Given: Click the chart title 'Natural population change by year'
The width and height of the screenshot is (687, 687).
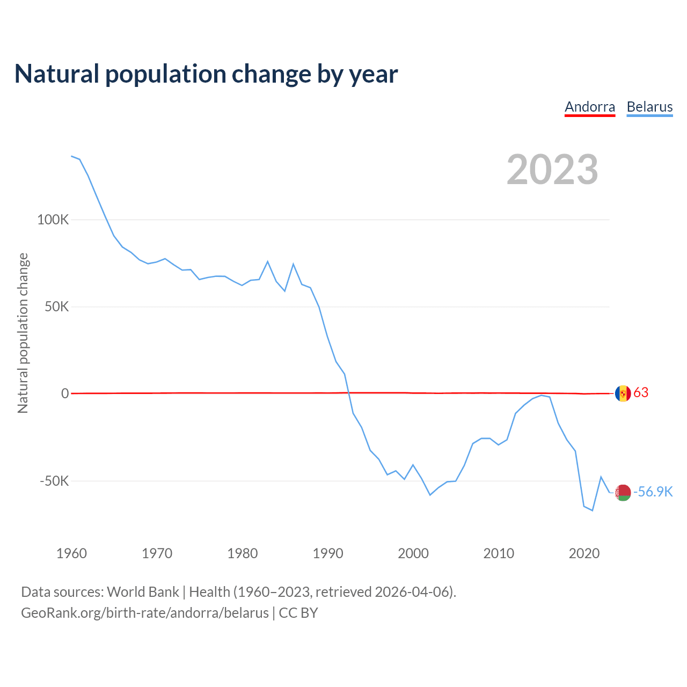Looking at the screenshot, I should coord(206,74).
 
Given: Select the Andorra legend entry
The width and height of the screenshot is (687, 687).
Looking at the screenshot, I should coord(590,107).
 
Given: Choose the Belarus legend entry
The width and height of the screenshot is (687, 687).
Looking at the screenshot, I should coord(649,107).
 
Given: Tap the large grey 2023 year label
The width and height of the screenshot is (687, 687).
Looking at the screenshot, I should coord(552,170).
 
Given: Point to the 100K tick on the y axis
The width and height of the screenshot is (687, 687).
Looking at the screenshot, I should coord(53,220).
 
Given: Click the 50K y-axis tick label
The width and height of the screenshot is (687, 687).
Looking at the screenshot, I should coord(57,307).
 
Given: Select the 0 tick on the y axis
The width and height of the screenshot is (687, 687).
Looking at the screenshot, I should coord(65,393).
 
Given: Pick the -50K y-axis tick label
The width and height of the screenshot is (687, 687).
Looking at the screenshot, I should coord(55,481).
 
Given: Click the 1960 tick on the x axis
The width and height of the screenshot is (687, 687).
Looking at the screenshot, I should coord(71,553).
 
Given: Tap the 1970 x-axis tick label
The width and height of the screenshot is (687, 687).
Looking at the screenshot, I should coord(157,553).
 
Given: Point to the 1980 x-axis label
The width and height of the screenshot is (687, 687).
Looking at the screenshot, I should coord(243,553).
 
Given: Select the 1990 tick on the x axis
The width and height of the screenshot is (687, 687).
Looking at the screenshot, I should coord(328,553).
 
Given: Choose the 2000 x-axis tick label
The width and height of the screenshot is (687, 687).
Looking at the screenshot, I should coord(413,553).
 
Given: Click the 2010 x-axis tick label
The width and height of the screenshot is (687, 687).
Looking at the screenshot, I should coord(499,553).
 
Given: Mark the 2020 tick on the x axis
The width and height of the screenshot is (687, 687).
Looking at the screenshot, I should coord(584,553).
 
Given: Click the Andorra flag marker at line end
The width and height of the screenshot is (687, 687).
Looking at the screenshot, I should coord(623,393).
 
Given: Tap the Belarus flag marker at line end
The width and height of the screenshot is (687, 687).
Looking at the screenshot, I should coord(623,492).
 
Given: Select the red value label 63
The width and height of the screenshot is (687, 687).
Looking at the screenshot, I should coord(641,393).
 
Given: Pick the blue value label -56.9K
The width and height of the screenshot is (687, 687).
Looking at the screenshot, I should coord(653,492).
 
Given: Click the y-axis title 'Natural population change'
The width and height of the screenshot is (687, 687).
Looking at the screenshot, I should coord(23,333).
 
